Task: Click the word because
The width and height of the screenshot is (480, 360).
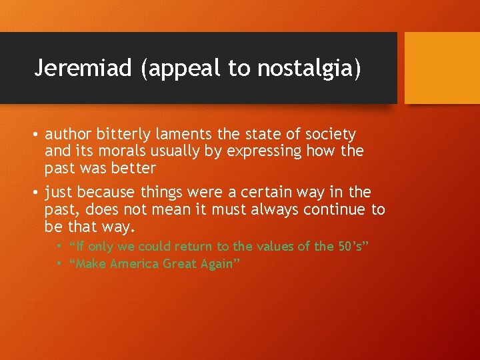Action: (106, 193)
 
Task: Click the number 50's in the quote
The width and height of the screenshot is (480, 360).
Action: (351, 247)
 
